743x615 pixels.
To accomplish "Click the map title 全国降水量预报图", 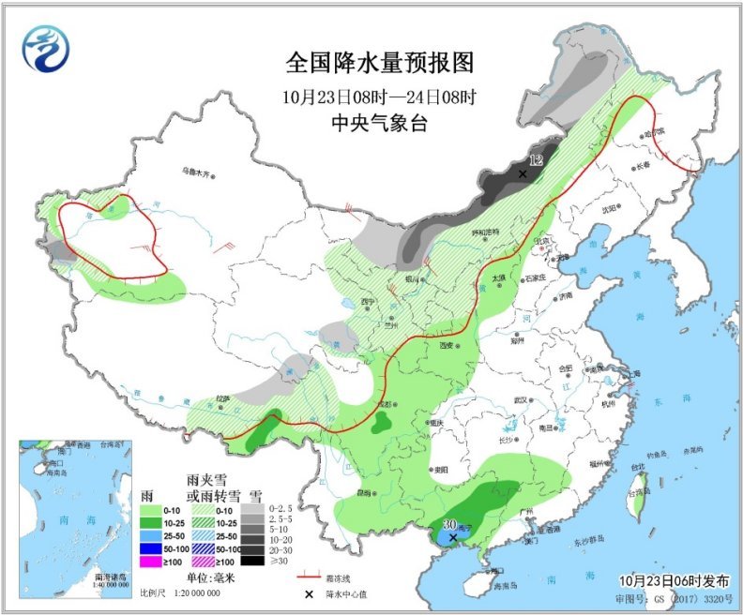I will tap(379, 63).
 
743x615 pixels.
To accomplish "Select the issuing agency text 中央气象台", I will tap(379, 122).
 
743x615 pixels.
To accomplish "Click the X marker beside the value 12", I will tap(523, 173).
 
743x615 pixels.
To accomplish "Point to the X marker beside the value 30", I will tap(453, 538).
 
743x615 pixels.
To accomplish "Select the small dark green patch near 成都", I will tap(381, 424).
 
